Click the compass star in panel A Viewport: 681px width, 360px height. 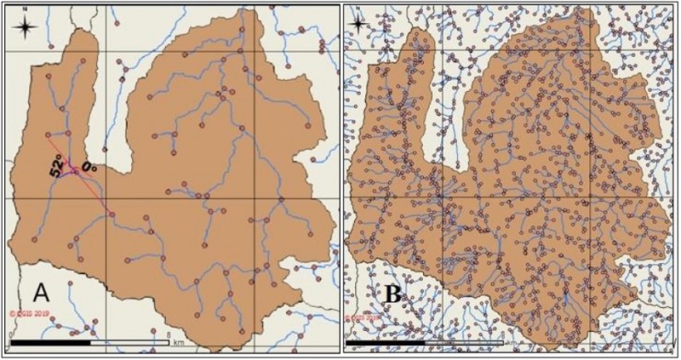tap(26, 27)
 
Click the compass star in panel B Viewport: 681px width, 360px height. tap(361, 24)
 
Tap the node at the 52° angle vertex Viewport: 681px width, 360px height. tap(75, 172)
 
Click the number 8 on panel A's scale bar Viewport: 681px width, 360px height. tap(171, 334)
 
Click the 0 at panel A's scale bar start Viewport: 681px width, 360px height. tap(11, 334)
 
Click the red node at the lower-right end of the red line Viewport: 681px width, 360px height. tap(111, 213)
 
